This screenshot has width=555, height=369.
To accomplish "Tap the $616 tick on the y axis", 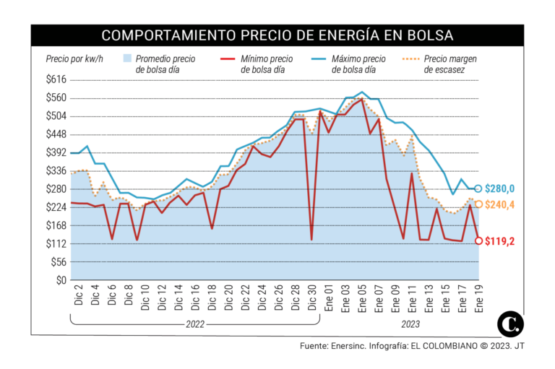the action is [x=56, y=79].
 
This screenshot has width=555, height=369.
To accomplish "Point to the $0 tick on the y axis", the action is [x=61, y=280].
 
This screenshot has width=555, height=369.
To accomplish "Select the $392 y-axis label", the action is [x=56, y=152].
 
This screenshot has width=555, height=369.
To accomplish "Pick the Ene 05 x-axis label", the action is [x=362, y=298].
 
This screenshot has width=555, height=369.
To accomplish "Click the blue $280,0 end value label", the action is [x=499, y=189].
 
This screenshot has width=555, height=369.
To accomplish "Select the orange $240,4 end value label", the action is [x=499, y=204].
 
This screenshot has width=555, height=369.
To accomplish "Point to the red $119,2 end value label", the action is [x=499, y=241].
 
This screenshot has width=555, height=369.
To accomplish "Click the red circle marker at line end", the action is [x=478, y=240].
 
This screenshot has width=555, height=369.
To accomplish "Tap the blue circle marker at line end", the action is [x=478, y=188].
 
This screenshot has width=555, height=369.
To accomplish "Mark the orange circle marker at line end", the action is [x=478, y=204].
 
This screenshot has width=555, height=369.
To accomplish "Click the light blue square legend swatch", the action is [x=127, y=58].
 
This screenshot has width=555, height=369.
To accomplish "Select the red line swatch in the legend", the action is [x=228, y=58].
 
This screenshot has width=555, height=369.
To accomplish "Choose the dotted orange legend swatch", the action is [x=410, y=58].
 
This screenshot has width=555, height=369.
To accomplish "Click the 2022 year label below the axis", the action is [x=195, y=324].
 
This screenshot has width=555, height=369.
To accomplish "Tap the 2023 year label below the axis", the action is [x=410, y=324].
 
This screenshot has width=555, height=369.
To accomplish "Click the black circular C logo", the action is [x=510, y=324].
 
